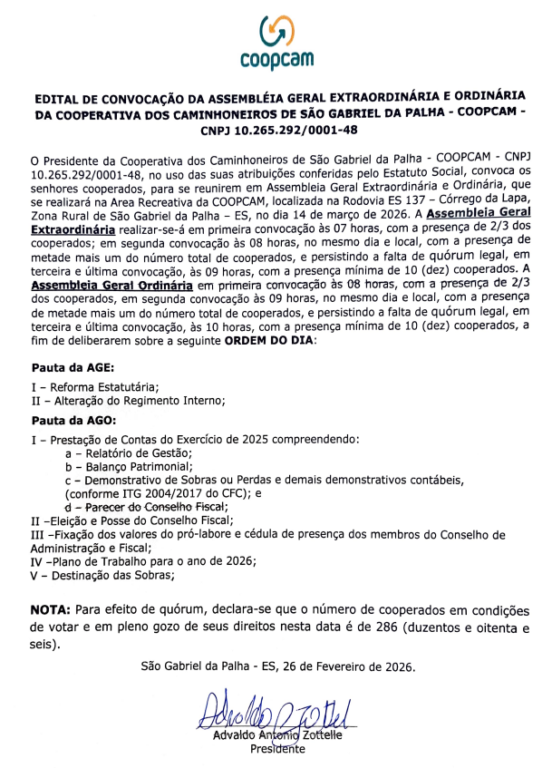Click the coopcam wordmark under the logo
pyautogui.click(x=276, y=60)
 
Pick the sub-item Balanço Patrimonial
pyautogui.click(x=140, y=466)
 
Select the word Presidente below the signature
pyautogui.click(x=277, y=749)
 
